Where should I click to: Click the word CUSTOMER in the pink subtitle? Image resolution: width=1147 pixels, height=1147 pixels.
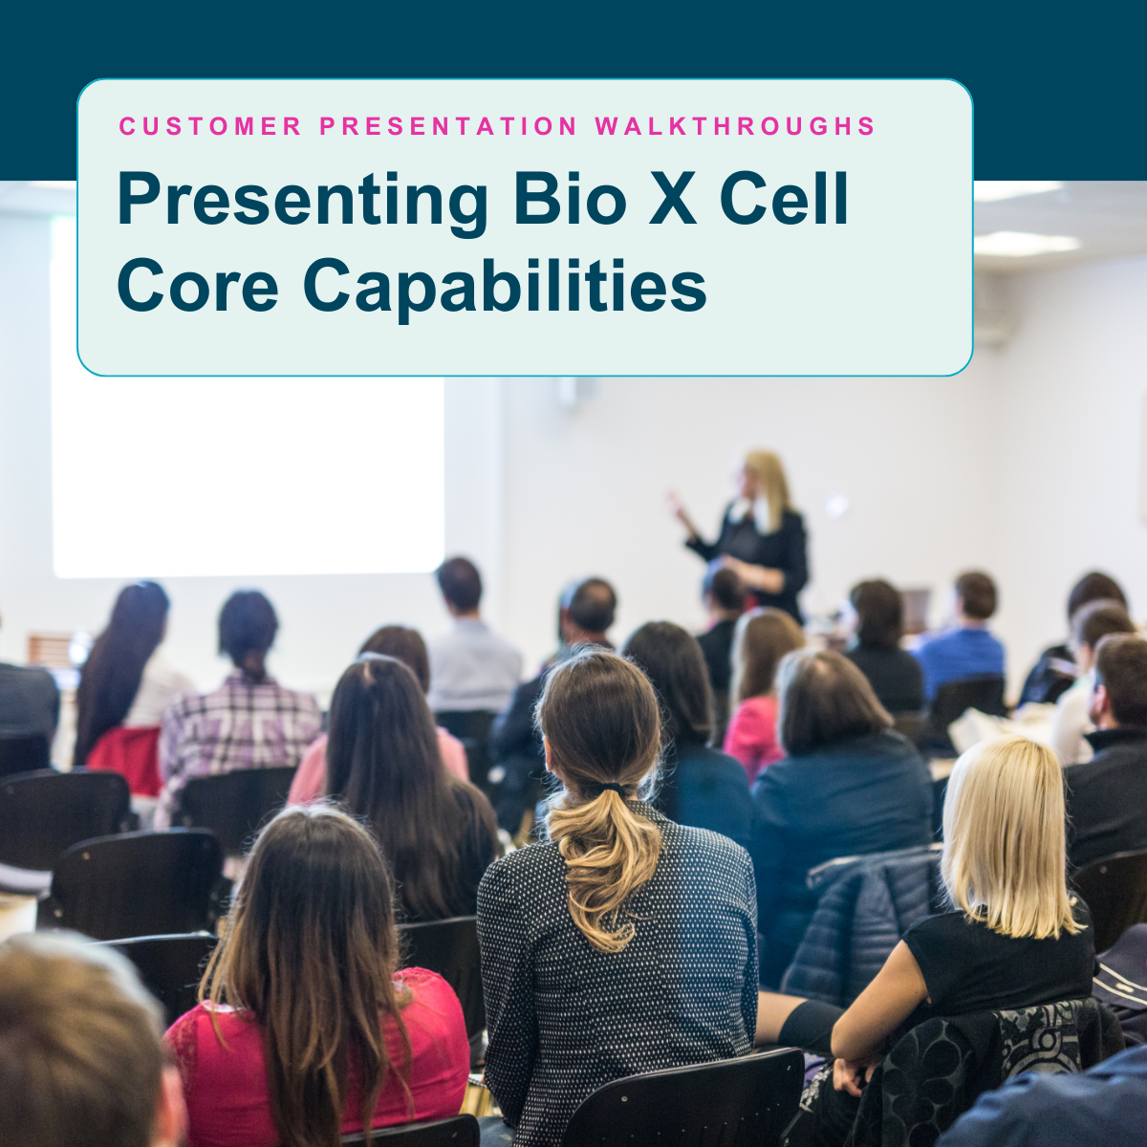[210, 126]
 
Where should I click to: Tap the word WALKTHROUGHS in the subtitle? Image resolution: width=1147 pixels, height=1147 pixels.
[735, 126]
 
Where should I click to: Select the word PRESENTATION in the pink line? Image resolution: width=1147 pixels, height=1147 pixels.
[448, 126]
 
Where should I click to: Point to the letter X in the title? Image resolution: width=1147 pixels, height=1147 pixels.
[673, 199]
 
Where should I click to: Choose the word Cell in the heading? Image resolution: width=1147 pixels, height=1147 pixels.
[784, 198]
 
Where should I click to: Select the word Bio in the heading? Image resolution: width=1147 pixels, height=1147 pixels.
[571, 198]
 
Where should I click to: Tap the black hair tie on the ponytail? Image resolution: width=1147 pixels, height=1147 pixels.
[611, 790]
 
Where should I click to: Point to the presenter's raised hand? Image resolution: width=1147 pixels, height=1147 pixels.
[677, 504]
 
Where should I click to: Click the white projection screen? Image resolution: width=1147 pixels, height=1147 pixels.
[248, 476]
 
